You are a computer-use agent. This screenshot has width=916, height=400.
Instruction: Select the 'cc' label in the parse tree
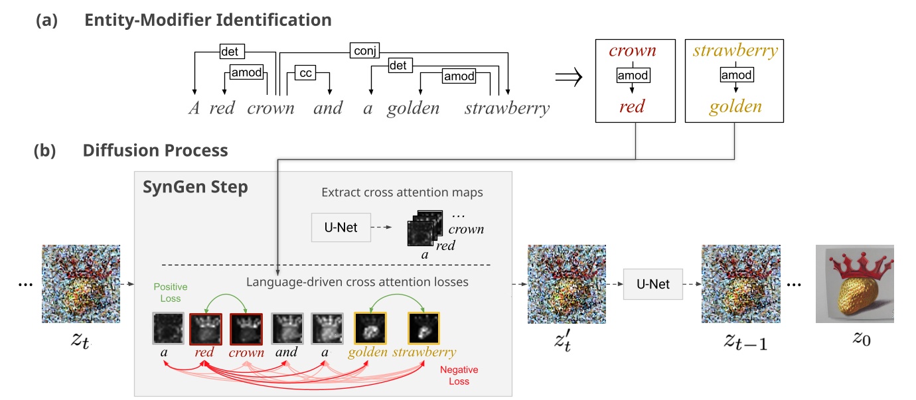coord(306,73)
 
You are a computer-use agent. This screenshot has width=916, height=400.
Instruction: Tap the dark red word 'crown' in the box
coord(633,50)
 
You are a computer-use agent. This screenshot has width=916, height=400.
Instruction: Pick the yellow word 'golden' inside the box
coord(735,107)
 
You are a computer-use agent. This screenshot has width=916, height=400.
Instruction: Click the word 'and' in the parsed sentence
coord(328,108)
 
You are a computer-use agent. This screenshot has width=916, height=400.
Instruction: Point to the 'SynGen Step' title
coord(195,187)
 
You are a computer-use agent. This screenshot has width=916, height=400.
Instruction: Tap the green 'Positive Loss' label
coord(171,292)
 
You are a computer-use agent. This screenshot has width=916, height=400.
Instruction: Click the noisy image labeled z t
coord(81,284)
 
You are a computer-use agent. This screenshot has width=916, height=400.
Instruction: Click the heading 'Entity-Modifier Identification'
coord(208,20)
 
